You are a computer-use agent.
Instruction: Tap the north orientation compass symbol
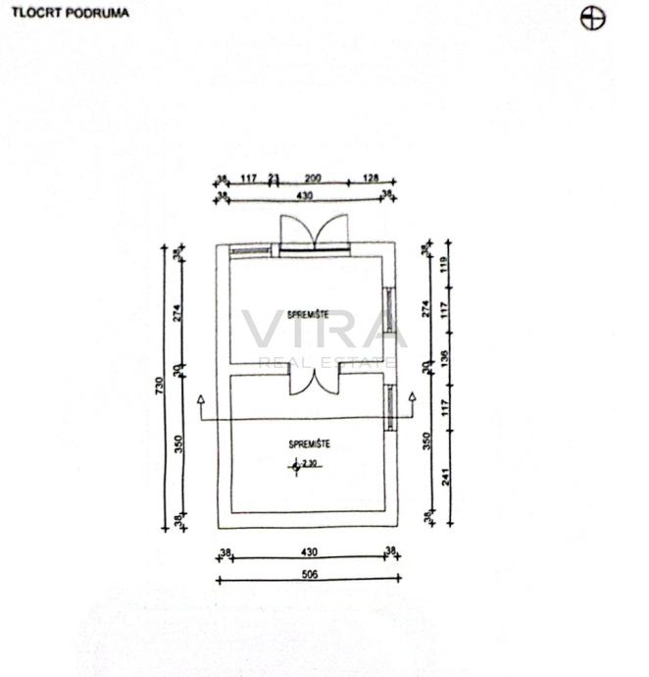click(x=592, y=17)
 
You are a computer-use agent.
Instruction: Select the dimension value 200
click(x=313, y=178)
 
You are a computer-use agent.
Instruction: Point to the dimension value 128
click(x=370, y=178)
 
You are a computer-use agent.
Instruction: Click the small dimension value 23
click(x=274, y=178)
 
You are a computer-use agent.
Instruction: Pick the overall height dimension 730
click(x=160, y=386)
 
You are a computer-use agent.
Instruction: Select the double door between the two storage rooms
click(x=314, y=384)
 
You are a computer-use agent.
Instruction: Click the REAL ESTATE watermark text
click(x=327, y=362)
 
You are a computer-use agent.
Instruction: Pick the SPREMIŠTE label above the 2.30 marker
click(x=309, y=444)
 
